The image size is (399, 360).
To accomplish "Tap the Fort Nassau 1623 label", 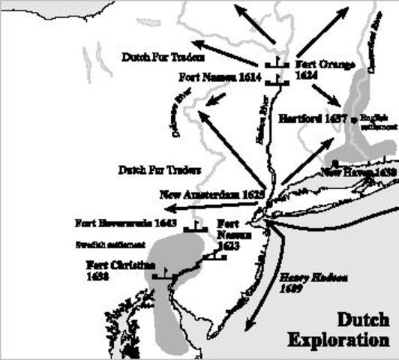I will point(228,235).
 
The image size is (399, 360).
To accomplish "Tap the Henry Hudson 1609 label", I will point(302,281).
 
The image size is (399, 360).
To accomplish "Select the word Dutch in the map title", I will point(362,319).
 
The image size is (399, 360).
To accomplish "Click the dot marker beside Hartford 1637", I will point(353,119).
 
